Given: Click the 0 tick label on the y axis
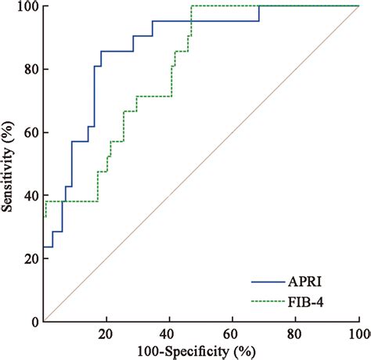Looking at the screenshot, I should pos(34,322).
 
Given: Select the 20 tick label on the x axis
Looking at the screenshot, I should pos(107,333).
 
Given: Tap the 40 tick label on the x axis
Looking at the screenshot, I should pos(170,333).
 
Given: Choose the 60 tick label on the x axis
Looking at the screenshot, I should pos(233,333).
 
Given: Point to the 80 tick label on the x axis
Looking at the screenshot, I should pos(296,333).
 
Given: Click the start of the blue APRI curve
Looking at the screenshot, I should pos(45,247).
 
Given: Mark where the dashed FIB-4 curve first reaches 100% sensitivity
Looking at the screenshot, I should pos(192,6).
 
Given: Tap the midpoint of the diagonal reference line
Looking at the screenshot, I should pos(202,164).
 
